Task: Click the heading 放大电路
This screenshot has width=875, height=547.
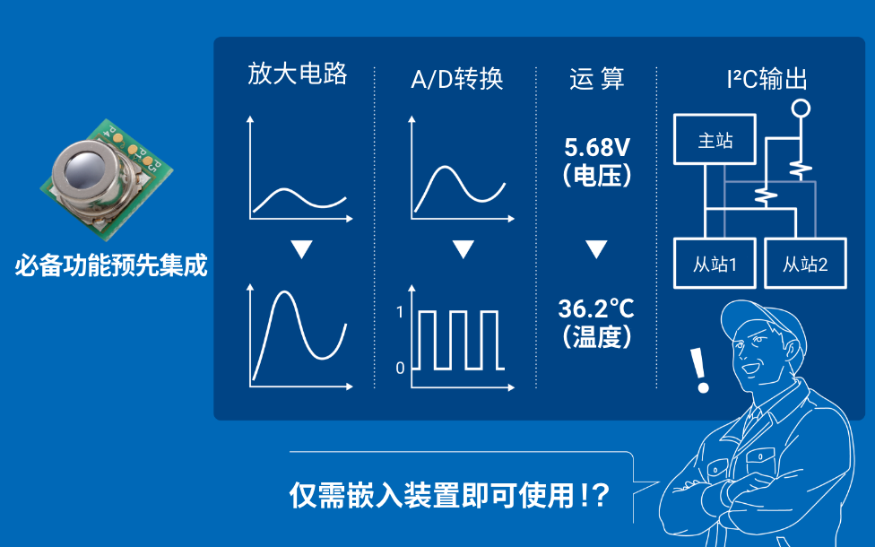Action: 297,75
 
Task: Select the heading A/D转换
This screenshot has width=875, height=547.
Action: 456,79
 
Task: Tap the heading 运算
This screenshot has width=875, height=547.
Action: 596,79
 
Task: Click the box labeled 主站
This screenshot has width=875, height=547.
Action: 715,141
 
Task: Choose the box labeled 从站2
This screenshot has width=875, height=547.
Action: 804,264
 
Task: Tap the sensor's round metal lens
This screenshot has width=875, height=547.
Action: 87,169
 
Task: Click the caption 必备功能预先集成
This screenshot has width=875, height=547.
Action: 110,266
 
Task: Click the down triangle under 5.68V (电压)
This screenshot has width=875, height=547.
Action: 596,248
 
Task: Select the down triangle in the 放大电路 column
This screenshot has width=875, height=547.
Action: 301,249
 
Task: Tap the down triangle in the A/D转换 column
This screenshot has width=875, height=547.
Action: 462,249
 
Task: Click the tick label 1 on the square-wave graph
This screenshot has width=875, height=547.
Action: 400,313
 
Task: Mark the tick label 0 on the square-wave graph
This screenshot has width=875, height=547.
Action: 400,368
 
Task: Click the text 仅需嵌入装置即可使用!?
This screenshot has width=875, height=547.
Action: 449,495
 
